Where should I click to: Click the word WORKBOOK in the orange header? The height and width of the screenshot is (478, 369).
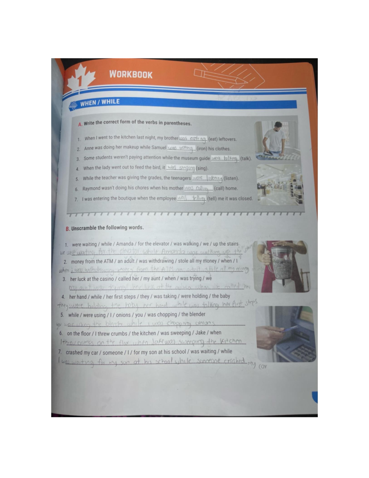click(131, 74)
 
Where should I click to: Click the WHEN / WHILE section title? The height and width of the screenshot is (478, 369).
click(100, 102)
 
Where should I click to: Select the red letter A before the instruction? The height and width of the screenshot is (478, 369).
click(80, 124)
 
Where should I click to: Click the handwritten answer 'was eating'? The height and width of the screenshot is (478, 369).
click(193, 139)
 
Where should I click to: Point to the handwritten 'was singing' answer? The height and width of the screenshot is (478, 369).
click(181, 168)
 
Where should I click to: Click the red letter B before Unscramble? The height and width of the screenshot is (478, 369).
click(68, 229)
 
